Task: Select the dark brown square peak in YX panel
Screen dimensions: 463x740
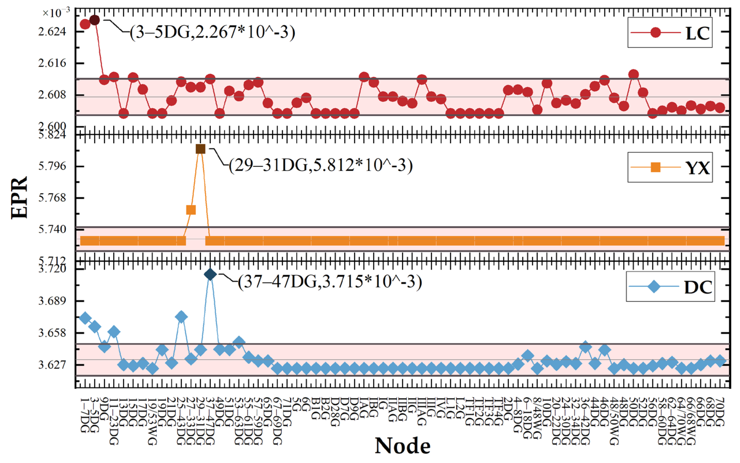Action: coord(200,149)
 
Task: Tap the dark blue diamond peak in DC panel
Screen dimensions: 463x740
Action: coord(210,274)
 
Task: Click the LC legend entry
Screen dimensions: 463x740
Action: coord(670,33)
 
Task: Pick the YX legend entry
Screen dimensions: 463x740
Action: coord(670,167)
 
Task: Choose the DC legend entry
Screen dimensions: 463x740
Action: coord(670,287)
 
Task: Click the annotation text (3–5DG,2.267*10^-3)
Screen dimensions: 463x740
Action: coord(212,32)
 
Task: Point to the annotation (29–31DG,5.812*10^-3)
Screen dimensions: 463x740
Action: coord(321,166)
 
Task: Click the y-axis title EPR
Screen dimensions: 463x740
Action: coord(19,198)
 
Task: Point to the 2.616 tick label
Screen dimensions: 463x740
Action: coord(52,63)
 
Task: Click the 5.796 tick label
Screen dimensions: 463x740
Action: coord(52,166)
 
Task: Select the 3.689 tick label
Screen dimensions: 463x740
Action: coord(52,301)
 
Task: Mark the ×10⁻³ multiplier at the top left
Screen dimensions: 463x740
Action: coord(56,13)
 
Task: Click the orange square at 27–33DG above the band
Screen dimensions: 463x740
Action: coord(191,210)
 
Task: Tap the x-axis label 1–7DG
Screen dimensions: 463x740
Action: coord(85,415)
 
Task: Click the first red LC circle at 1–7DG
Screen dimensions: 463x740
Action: coord(85,24)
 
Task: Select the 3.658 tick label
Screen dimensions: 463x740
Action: coord(52,333)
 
